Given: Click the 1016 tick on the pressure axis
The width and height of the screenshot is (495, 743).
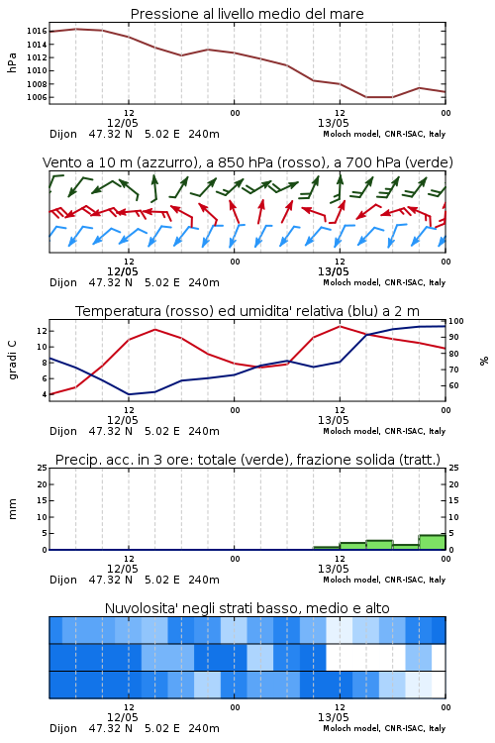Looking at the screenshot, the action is (x=37, y=32).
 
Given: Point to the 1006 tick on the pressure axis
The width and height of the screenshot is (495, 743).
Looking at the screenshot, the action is (x=37, y=97).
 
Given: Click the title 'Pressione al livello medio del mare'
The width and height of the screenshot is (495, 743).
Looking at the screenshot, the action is (x=247, y=14).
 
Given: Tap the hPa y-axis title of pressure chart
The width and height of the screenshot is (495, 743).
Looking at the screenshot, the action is (x=12, y=62).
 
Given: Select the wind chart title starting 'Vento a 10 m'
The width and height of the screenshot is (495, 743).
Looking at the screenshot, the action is (x=247, y=162).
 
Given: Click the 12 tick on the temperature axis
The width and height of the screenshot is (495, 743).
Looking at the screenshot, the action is (x=42, y=331).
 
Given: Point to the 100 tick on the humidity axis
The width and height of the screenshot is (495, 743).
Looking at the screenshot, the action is (x=456, y=321).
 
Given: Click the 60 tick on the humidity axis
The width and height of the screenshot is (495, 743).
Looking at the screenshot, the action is (x=453, y=385).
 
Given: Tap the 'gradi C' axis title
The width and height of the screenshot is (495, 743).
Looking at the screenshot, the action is (x=12, y=360).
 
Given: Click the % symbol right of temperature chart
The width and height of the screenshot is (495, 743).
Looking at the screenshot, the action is (x=484, y=361).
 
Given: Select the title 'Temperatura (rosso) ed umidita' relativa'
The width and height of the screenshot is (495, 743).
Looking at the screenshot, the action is (x=247, y=311).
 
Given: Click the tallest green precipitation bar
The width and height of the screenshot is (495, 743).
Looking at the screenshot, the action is (x=432, y=542).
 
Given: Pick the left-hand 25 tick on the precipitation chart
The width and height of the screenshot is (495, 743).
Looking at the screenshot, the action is (x=42, y=468).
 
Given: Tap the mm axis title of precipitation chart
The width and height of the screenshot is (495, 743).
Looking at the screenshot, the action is (x=12, y=509).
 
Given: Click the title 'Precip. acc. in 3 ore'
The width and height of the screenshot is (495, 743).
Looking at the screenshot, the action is (x=247, y=460).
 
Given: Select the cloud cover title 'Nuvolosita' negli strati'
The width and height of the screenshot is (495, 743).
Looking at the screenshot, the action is (x=247, y=608).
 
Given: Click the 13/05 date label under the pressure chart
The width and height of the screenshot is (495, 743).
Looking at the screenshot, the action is (x=333, y=123).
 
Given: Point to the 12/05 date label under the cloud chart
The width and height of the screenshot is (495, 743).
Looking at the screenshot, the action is (x=122, y=717).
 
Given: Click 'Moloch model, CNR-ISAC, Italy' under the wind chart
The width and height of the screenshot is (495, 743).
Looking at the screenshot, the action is (x=384, y=282).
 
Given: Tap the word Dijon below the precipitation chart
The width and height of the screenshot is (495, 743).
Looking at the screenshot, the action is (x=63, y=580).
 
